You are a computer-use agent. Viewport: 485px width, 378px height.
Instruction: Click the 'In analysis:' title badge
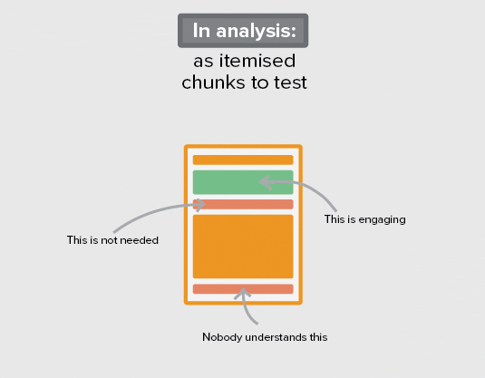click(x=243, y=31)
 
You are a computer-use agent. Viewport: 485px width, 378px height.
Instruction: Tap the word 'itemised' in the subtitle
click(x=257, y=61)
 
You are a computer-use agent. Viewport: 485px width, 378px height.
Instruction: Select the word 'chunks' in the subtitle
click(x=213, y=82)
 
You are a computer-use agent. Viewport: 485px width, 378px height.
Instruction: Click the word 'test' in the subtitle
click(x=290, y=82)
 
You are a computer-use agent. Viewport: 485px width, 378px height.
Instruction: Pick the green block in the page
click(x=243, y=182)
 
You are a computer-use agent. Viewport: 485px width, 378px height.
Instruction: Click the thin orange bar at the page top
click(x=243, y=160)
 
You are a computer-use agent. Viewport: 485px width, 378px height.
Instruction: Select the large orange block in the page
click(x=243, y=247)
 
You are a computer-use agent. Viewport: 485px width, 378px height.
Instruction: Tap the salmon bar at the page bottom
click(x=243, y=289)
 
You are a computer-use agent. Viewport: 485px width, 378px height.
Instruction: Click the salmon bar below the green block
click(x=243, y=205)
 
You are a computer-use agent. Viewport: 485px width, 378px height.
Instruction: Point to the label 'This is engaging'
click(x=365, y=219)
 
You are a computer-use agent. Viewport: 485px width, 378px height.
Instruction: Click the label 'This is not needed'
click(x=112, y=240)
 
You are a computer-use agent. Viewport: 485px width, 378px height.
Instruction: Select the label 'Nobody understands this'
click(x=265, y=337)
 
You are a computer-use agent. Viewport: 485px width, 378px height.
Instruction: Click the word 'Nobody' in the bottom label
click(x=222, y=337)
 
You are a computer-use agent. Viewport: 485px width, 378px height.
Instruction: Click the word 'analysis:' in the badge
click(x=257, y=31)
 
